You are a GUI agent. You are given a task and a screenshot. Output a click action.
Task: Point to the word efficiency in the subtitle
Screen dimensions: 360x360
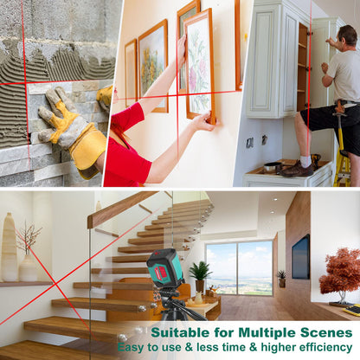point(325,347)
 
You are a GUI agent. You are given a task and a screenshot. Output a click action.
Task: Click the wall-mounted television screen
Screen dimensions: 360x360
point(300,257)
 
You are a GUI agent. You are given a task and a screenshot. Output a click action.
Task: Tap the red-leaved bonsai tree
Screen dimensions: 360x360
point(340,276)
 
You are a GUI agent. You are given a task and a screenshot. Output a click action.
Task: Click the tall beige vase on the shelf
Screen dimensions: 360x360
point(10,247)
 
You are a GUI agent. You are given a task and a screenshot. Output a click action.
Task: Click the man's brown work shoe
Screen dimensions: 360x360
point(297,170)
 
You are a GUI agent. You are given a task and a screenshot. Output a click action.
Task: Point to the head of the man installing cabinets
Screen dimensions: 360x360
point(348,35)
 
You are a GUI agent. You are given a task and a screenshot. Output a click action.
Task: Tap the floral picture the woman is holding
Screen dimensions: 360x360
point(200,67)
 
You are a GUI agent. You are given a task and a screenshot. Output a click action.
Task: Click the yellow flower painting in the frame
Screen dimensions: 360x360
point(152,66)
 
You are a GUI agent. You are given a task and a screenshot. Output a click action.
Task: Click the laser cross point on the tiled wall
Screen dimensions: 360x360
point(26,84)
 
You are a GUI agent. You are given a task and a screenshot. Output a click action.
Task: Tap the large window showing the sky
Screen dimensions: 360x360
point(240,268)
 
